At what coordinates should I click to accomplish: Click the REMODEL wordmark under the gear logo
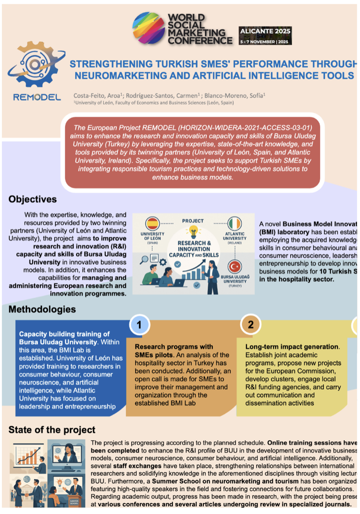click(x=37, y=97)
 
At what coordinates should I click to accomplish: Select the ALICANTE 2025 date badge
click(x=265, y=35)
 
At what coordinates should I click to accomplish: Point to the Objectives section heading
click(x=33, y=199)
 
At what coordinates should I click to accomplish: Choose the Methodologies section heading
click(x=42, y=309)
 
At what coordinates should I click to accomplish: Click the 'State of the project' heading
click(x=52, y=430)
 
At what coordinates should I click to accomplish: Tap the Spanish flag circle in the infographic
click(x=153, y=223)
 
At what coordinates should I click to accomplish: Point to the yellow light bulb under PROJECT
click(x=193, y=231)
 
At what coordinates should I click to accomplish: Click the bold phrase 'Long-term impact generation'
click(x=291, y=347)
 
